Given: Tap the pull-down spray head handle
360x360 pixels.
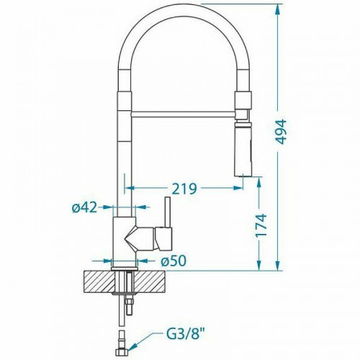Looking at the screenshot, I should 243,148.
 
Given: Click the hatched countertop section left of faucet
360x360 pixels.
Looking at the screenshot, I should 98,280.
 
